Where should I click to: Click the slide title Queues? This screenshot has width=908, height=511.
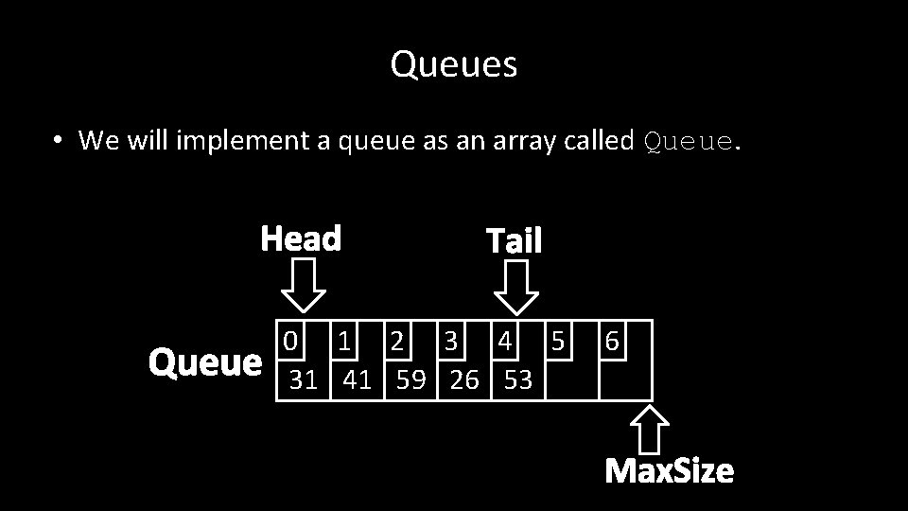pyautogui.click(x=454, y=65)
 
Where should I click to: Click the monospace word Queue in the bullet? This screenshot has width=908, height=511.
pyautogui.click(x=688, y=142)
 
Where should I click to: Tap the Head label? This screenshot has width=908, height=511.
pyautogui.click(x=301, y=238)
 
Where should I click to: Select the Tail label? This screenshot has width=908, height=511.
pyautogui.click(x=514, y=241)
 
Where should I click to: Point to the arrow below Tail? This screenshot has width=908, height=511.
pyautogui.click(x=517, y=286)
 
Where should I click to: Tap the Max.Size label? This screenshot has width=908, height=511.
pyautogui.click(x=669, y=470)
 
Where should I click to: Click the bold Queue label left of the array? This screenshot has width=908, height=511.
pyautogui.click(x=205, y=362)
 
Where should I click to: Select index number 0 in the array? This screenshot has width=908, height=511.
pyautogui.click(x=291, y=340)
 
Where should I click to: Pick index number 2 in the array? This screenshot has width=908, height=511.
pyautogui.click(x=398, y=340)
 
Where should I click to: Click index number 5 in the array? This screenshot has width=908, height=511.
pyautogui.click(x=558, y=340)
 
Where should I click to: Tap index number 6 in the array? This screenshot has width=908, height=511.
pyautogui.click(x=612, y=340)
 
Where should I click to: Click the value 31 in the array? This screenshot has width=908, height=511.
pyautogui.click(x=303, y=379)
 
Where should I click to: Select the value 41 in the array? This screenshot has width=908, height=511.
pyautogui.click(x=357, y=379)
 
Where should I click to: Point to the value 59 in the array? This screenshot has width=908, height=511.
pyautogui.click(x=410, y=379)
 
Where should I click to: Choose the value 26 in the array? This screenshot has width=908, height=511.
pyautogui.click(x=464, y=379)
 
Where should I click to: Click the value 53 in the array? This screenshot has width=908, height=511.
pyautogui.click(x=518, y=379)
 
